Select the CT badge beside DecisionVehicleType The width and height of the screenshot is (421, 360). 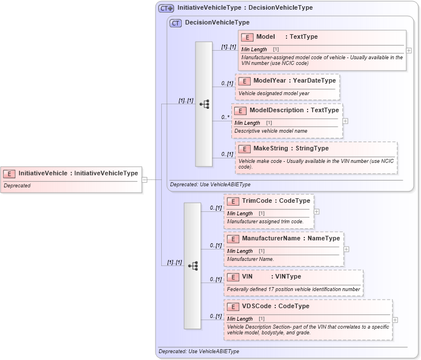pos(176,23)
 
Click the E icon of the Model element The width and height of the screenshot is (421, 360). pos(247,37)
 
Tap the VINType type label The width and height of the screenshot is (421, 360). pos(288,276)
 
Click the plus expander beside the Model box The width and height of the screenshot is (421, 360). pos(409,50)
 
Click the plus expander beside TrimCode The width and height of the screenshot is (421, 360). pos(317,211)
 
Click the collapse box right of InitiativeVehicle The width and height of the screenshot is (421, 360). pos(145,180)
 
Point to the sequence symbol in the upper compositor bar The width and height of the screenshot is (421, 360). pos(204,104)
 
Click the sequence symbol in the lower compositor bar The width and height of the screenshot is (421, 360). pos(193,265)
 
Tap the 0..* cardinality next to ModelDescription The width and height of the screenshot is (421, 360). pos(226,117)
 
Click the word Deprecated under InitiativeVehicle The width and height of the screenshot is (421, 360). pos(17,186)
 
